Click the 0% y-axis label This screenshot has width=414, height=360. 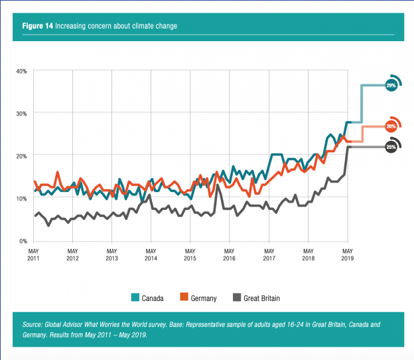point(22,240)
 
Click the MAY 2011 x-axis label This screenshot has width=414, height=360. point(33,254)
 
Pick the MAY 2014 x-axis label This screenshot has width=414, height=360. point(151,254)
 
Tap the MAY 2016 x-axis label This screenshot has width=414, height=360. point(229,254)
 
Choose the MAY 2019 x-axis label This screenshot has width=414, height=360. point(346,254)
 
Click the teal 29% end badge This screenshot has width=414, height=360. point(391,86)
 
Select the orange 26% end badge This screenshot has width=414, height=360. point(391,126)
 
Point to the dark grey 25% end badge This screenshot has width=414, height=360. point(391,147)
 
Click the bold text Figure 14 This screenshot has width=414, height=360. point(38,26)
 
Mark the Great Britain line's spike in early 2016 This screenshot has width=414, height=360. point(218,185)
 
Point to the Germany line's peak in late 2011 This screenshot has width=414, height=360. point(57,172)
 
